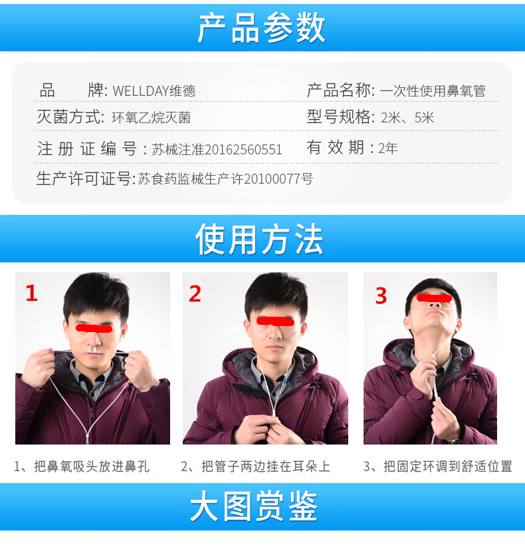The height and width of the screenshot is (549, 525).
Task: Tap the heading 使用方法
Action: pos(259,239)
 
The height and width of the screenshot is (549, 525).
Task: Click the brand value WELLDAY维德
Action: pos(154,91)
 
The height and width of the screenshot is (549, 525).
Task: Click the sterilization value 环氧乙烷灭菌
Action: pos(151,118)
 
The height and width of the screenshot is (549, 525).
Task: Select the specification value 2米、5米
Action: pos(407,118)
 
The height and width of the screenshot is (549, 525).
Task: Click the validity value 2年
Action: pos(387,148)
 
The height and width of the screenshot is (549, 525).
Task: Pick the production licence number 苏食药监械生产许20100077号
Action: pos(225,179)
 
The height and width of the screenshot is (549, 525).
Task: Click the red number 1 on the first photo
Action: pos(31,293)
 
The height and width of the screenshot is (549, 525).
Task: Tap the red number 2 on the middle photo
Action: pos(195,293)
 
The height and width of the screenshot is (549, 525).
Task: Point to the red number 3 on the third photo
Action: pos(381,295)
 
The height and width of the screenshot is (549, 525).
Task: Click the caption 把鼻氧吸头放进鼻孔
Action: pos(92,466)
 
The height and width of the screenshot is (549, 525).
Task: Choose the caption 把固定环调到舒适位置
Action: pos(447,466)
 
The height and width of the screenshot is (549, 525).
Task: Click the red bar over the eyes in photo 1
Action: pos(94,327)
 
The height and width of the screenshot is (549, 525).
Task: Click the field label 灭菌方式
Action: pos(70,118)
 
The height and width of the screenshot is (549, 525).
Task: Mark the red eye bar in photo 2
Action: pos(267,321)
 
